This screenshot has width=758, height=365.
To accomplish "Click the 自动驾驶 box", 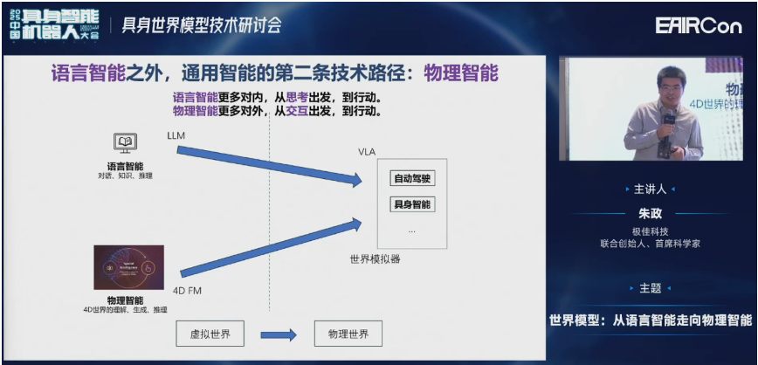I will point(412,179).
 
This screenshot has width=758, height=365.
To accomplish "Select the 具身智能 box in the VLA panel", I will point(412,204).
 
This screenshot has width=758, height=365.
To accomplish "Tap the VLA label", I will point(367,152).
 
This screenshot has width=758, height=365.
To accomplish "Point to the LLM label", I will point(176,136).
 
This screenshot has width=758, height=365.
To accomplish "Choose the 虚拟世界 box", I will point(210,334).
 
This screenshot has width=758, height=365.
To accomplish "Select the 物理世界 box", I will point(348,334).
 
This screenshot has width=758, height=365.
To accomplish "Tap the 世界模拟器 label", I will point(372,258).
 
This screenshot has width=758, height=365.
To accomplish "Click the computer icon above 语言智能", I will point(125,143).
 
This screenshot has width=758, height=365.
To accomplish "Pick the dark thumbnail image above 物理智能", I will point(128,267).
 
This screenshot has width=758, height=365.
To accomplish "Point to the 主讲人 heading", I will point(650,189).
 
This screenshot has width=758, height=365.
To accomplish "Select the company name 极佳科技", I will point(650,231).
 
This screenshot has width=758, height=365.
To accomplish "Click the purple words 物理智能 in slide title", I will point(460,72).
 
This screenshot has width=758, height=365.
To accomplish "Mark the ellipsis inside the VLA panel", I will point(411,230).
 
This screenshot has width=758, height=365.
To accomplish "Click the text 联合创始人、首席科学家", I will point(650,244).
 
